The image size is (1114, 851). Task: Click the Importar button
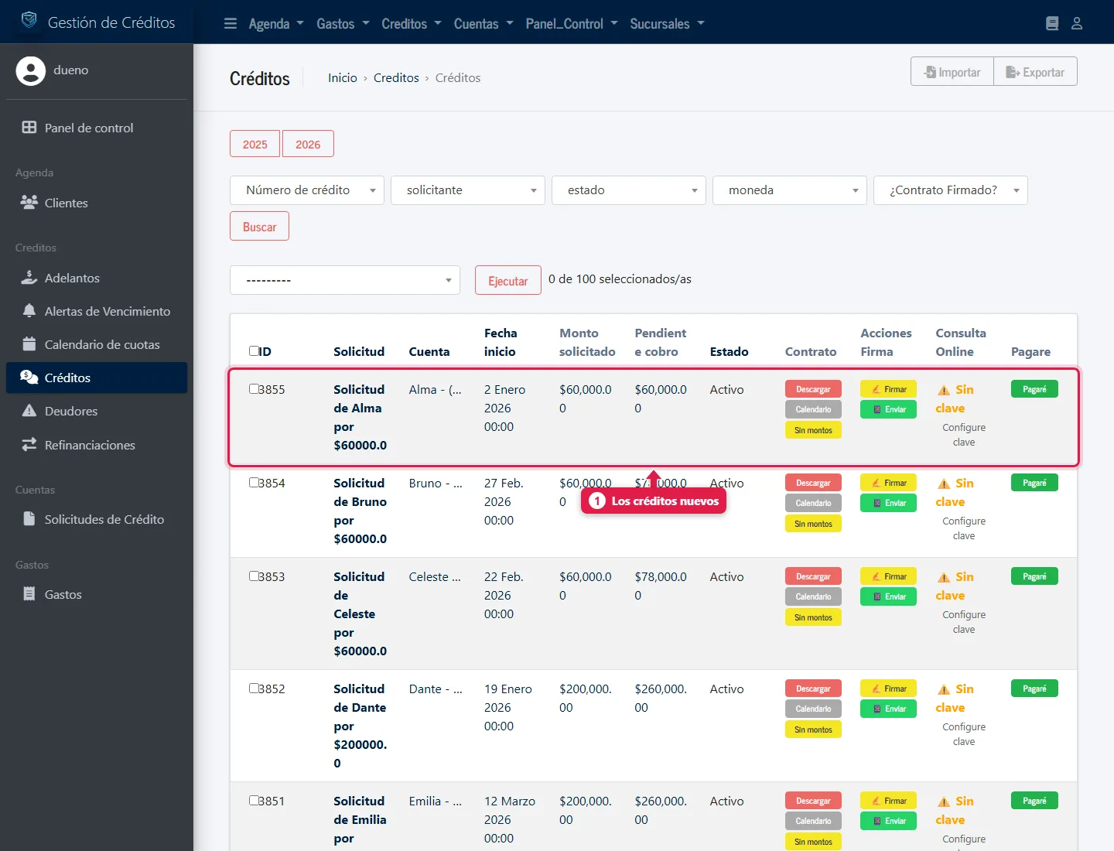(x=952, y=71)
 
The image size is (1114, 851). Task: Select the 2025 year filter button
(x=255, y=144)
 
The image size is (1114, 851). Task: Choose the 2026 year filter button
(x=308, y=144)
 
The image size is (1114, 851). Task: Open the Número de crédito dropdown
(x=307, y=190)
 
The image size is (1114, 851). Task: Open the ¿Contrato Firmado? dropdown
(x=951, y=190)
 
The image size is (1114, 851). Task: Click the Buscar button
(x=259, y=227)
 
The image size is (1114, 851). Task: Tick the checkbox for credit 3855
(x=254, y=388)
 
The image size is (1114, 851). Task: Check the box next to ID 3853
(x=254, y=576)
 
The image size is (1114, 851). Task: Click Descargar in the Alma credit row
(x=813, y=389)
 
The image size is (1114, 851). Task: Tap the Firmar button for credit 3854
(x=888, y=483)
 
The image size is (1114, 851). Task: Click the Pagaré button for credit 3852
(x=1034, y=689)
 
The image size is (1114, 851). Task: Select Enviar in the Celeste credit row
(x=888, y=596)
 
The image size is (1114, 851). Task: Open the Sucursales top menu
(x=667, y=24)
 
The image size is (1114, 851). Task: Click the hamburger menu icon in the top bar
(x=231, y=24)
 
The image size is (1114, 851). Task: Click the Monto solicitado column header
(x=587, y=343)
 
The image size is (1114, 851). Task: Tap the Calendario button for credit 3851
(x=813, y=821)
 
